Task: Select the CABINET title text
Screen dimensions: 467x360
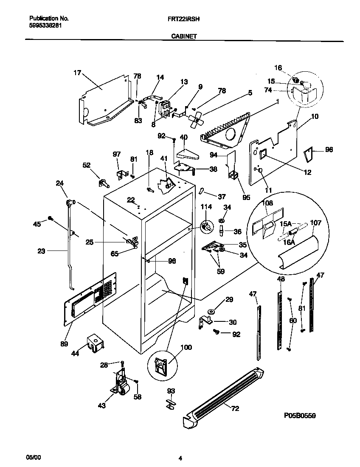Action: pyautogui.click(x=184, y=37)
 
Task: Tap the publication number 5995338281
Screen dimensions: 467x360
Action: pyautogui.click(x=46, y=25)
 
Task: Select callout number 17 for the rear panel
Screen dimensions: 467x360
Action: pyautogui.click(x=77, y=73)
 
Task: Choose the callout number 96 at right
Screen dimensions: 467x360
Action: pyautogui.click(x=329, y=149)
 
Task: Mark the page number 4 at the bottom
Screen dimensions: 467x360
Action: pyautogui.click(x=180, y=458)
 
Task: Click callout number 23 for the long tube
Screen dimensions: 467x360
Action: pyautogui.click(x=41, y=251)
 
